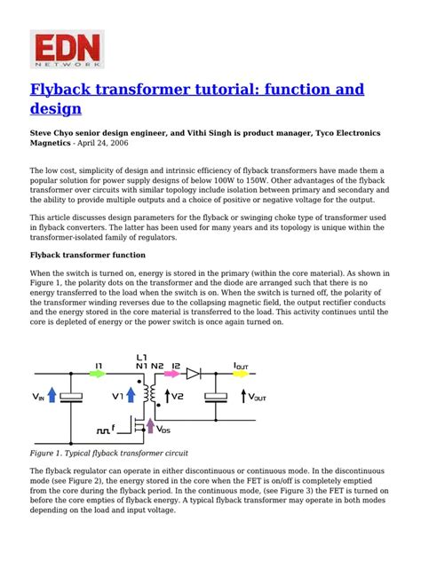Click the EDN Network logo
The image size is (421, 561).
click(67, 48)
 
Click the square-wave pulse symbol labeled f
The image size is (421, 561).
click(105, 428)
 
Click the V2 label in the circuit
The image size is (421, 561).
click(178, 396)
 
